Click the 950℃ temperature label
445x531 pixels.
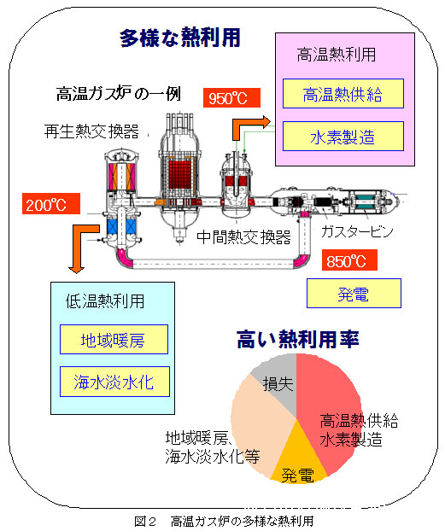pos(231,98)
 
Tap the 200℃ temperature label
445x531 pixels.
pos(51,204)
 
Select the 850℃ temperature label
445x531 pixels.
pos(349,260)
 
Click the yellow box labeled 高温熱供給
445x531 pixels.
pos(343,93)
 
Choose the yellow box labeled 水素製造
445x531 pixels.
pos(343,136)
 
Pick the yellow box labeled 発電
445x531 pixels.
pos(354,294)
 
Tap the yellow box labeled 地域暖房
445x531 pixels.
pos(114,339)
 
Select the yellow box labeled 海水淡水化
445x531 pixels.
pos(114,382)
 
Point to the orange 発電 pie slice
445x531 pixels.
pos(298,460)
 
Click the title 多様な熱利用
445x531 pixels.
pos(180,38)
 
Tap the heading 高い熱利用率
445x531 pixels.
pos(297,339)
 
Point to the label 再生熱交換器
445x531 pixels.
pos(91,131)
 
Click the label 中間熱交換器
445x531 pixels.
pos(243,236)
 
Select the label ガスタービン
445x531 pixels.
pos(357,231)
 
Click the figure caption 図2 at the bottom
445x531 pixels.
pos(145,522)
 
